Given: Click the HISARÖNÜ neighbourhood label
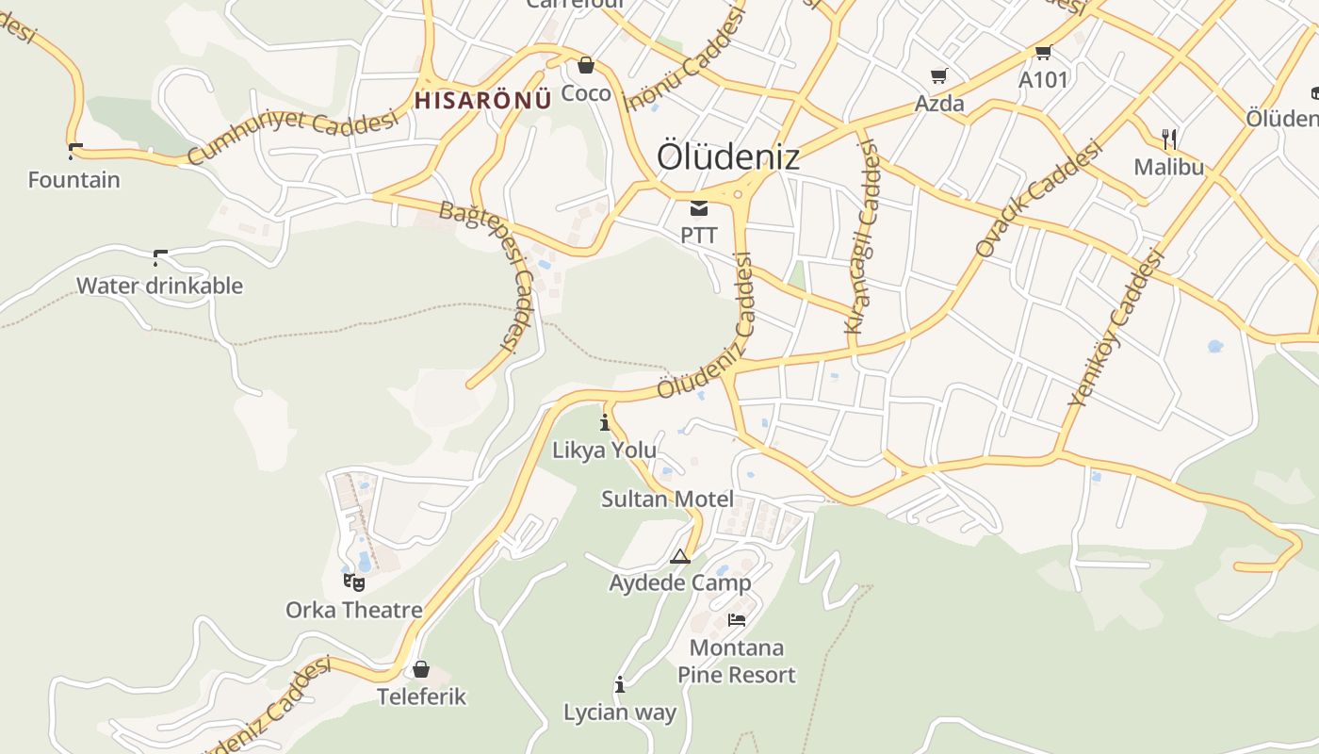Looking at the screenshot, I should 482,100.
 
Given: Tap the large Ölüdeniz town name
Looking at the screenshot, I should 727,156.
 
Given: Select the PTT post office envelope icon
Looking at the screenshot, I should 698,208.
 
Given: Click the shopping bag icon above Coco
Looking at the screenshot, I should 586,65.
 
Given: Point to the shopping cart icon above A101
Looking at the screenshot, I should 1043,53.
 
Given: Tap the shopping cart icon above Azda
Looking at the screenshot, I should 938,76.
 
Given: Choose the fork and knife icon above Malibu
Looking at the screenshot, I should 1169,139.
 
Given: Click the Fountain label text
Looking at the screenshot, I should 74,179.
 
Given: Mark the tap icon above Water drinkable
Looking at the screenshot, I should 159,256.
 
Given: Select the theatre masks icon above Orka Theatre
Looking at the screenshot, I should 354,582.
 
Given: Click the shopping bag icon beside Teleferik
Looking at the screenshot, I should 421,669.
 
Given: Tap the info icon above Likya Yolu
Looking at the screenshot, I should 605,422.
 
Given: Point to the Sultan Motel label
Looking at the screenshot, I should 667,499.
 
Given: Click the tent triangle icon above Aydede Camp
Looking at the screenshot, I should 680,556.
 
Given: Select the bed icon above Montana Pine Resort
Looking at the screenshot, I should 737,620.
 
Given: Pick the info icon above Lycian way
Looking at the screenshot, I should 620,685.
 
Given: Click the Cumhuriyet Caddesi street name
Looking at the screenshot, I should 293,138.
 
